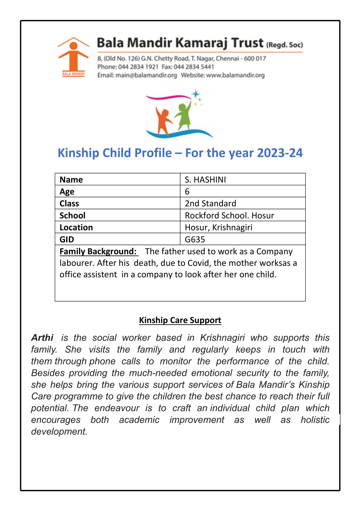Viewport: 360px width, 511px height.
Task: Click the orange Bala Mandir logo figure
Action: coord(73,56)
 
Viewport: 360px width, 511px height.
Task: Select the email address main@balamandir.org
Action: coord(146,75)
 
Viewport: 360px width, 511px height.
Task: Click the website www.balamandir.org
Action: coord(235,75)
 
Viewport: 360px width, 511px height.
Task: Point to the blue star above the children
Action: coord(196,94)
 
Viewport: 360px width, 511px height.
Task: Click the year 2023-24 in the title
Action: coord(280,153)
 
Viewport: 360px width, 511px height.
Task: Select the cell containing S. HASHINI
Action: coord(205,180)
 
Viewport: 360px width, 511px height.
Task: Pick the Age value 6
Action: coord(187,192)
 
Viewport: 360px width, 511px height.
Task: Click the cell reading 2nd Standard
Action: coord(210,203)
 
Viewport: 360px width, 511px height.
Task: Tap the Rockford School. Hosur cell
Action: coord(229,215)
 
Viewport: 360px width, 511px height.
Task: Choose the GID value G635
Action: coord(195,239)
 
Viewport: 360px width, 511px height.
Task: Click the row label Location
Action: coord(76,228)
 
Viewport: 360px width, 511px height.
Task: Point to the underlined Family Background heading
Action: coord(98,251)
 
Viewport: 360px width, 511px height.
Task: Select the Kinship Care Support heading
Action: coord(180,320)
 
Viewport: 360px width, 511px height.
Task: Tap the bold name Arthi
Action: coord(42,338)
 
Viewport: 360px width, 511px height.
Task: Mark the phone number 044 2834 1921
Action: coord(138,67)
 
